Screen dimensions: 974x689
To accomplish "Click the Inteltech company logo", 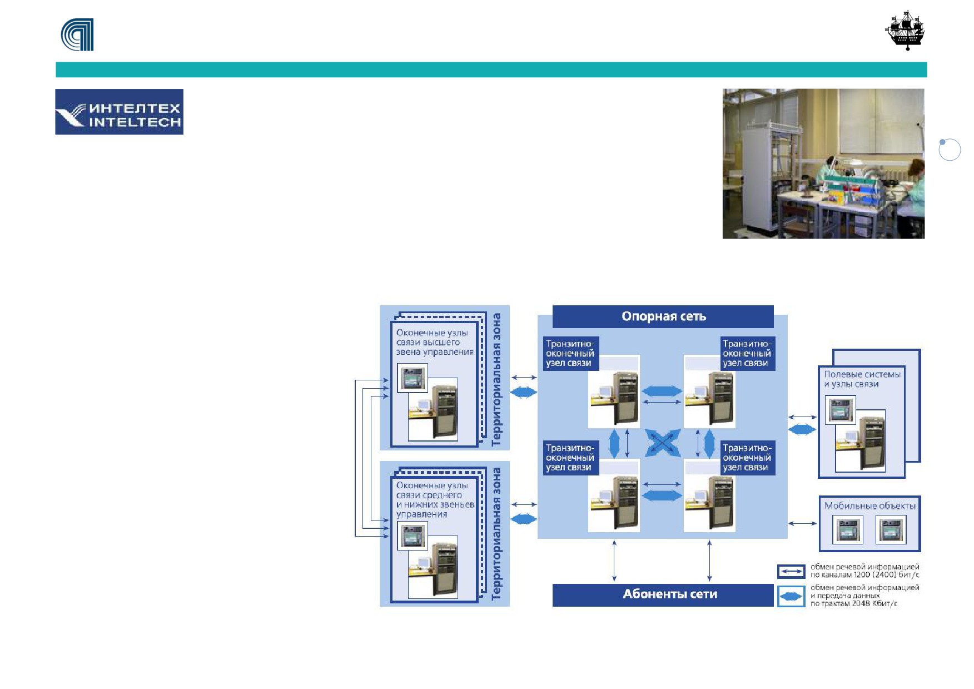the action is (119, 112).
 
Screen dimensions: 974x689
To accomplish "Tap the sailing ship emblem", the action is (905, 31).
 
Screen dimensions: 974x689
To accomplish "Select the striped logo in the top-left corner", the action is (77, 34).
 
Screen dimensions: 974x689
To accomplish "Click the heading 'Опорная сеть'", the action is (664, 316).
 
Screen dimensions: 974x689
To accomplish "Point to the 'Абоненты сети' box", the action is (663, 594).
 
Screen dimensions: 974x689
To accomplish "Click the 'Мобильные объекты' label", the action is (869, 506).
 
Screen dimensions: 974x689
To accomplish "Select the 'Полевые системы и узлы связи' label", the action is (862, 379).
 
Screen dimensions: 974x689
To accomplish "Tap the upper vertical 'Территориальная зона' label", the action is (496, 379).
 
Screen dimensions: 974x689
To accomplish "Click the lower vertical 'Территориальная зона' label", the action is (496, 534).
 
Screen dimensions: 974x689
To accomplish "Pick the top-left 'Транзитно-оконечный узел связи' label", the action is (570, 354).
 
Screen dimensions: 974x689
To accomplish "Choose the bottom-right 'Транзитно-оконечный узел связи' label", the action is (747, 458).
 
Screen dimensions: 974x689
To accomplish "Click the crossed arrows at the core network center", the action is (663, 443).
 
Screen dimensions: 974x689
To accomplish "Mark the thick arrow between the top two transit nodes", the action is (662, 391).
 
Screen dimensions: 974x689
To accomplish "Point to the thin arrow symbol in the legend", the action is (791, 572).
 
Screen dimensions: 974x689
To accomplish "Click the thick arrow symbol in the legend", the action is (791, 597).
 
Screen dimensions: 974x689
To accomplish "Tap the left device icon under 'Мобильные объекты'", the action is (848, 529).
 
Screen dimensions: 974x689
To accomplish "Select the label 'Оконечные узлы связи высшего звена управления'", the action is (435, 342).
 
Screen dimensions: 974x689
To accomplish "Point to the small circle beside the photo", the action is (950, 150).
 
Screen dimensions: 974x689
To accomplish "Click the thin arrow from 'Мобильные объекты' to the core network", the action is (803, 523).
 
